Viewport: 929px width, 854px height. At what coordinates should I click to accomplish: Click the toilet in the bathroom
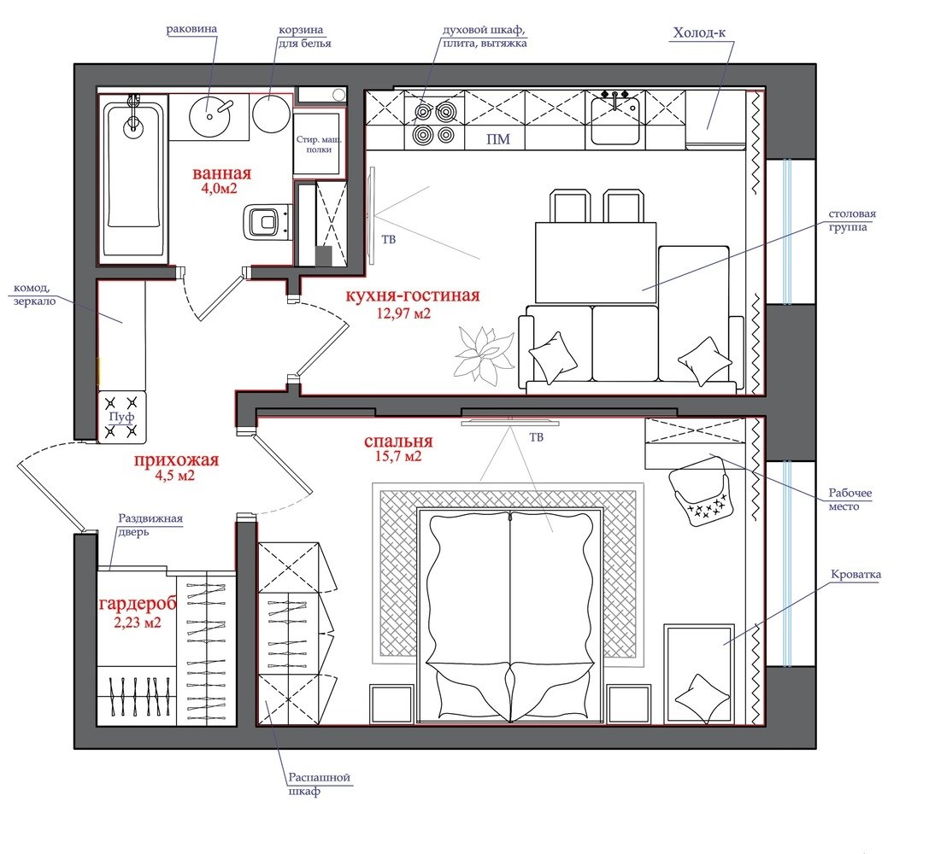point(266,222)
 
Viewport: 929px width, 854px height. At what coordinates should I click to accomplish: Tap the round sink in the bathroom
point(209,115)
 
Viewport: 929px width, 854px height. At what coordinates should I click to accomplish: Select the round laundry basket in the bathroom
point(271,114)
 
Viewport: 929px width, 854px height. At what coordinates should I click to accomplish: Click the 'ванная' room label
point(221,173)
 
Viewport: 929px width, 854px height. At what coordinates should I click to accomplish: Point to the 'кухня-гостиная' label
point(412,295)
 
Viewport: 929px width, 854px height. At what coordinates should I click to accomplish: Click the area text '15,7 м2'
point(398,456)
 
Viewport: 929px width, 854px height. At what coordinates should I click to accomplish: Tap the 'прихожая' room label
point(176,459)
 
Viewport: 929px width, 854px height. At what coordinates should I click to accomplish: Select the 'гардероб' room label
point(138,605)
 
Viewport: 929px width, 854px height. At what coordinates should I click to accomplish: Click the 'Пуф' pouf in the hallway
point(121,418)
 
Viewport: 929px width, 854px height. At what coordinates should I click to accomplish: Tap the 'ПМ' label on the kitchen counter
point(497,139)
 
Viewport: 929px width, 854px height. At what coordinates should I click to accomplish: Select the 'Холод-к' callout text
point(699,32)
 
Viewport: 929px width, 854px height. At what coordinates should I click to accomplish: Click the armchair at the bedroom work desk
point(700,490)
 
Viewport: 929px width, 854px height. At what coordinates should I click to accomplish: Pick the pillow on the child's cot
point(703,699)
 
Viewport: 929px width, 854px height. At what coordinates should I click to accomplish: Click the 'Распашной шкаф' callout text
point(319,784)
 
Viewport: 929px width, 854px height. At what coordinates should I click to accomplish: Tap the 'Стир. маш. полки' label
point(319,144)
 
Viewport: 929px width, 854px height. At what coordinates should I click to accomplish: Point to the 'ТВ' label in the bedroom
point(536,437)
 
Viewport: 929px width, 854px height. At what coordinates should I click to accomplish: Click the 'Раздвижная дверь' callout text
point(150,525)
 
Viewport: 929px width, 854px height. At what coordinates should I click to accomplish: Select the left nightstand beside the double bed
point(391,705)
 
